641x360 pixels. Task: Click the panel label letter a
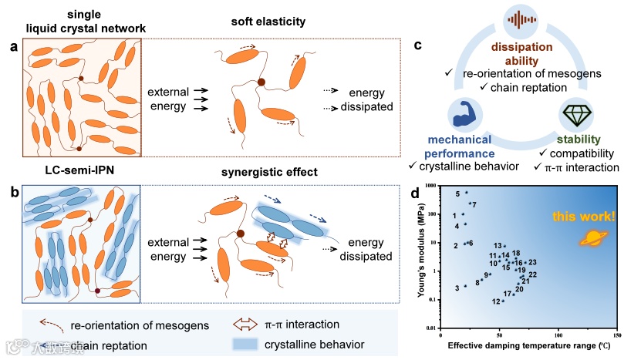[x=13, y=47]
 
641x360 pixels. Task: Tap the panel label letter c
[x=417, y=44]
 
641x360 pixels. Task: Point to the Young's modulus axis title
[x=423, y=254]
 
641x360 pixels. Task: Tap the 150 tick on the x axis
[x=617, y=336]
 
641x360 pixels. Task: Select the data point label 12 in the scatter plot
[x=495, y=301]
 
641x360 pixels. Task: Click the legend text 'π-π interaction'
[x=302, y=325]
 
